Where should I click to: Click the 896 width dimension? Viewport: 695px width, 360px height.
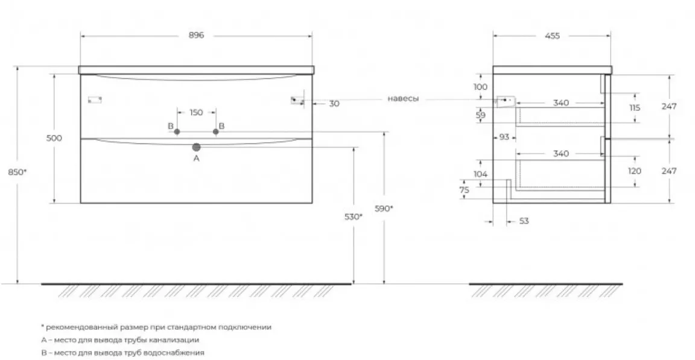coord(196,35)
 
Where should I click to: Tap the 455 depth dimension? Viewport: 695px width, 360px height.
coord(552,36)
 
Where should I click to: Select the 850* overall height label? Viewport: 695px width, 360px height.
coord(17,172)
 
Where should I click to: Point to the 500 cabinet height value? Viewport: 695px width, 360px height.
coord(54,137)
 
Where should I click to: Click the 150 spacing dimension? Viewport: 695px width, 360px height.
coord(196,113)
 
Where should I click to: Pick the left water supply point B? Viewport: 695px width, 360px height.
coord(177,131)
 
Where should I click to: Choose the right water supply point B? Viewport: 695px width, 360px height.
coord(216,131)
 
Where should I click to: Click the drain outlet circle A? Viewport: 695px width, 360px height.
coord(196,147)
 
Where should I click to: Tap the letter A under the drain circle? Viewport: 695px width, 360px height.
coord(196,158)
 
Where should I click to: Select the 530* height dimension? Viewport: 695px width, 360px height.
coord(354,217)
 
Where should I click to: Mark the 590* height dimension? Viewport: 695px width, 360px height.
coord(384,208)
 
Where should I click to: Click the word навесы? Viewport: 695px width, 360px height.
coord(403,99)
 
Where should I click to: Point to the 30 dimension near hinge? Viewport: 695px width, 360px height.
coord(334,104)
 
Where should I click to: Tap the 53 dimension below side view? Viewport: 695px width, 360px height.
coord(524,221)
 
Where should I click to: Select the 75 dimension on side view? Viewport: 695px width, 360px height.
coord(464,189)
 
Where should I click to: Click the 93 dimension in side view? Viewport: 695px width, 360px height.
coord(504,137)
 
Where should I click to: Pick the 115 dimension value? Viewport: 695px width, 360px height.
coord(635,107)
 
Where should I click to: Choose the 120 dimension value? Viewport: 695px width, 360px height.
coord(635,171)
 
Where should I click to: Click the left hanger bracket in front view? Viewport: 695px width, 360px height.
coord(95,99)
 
